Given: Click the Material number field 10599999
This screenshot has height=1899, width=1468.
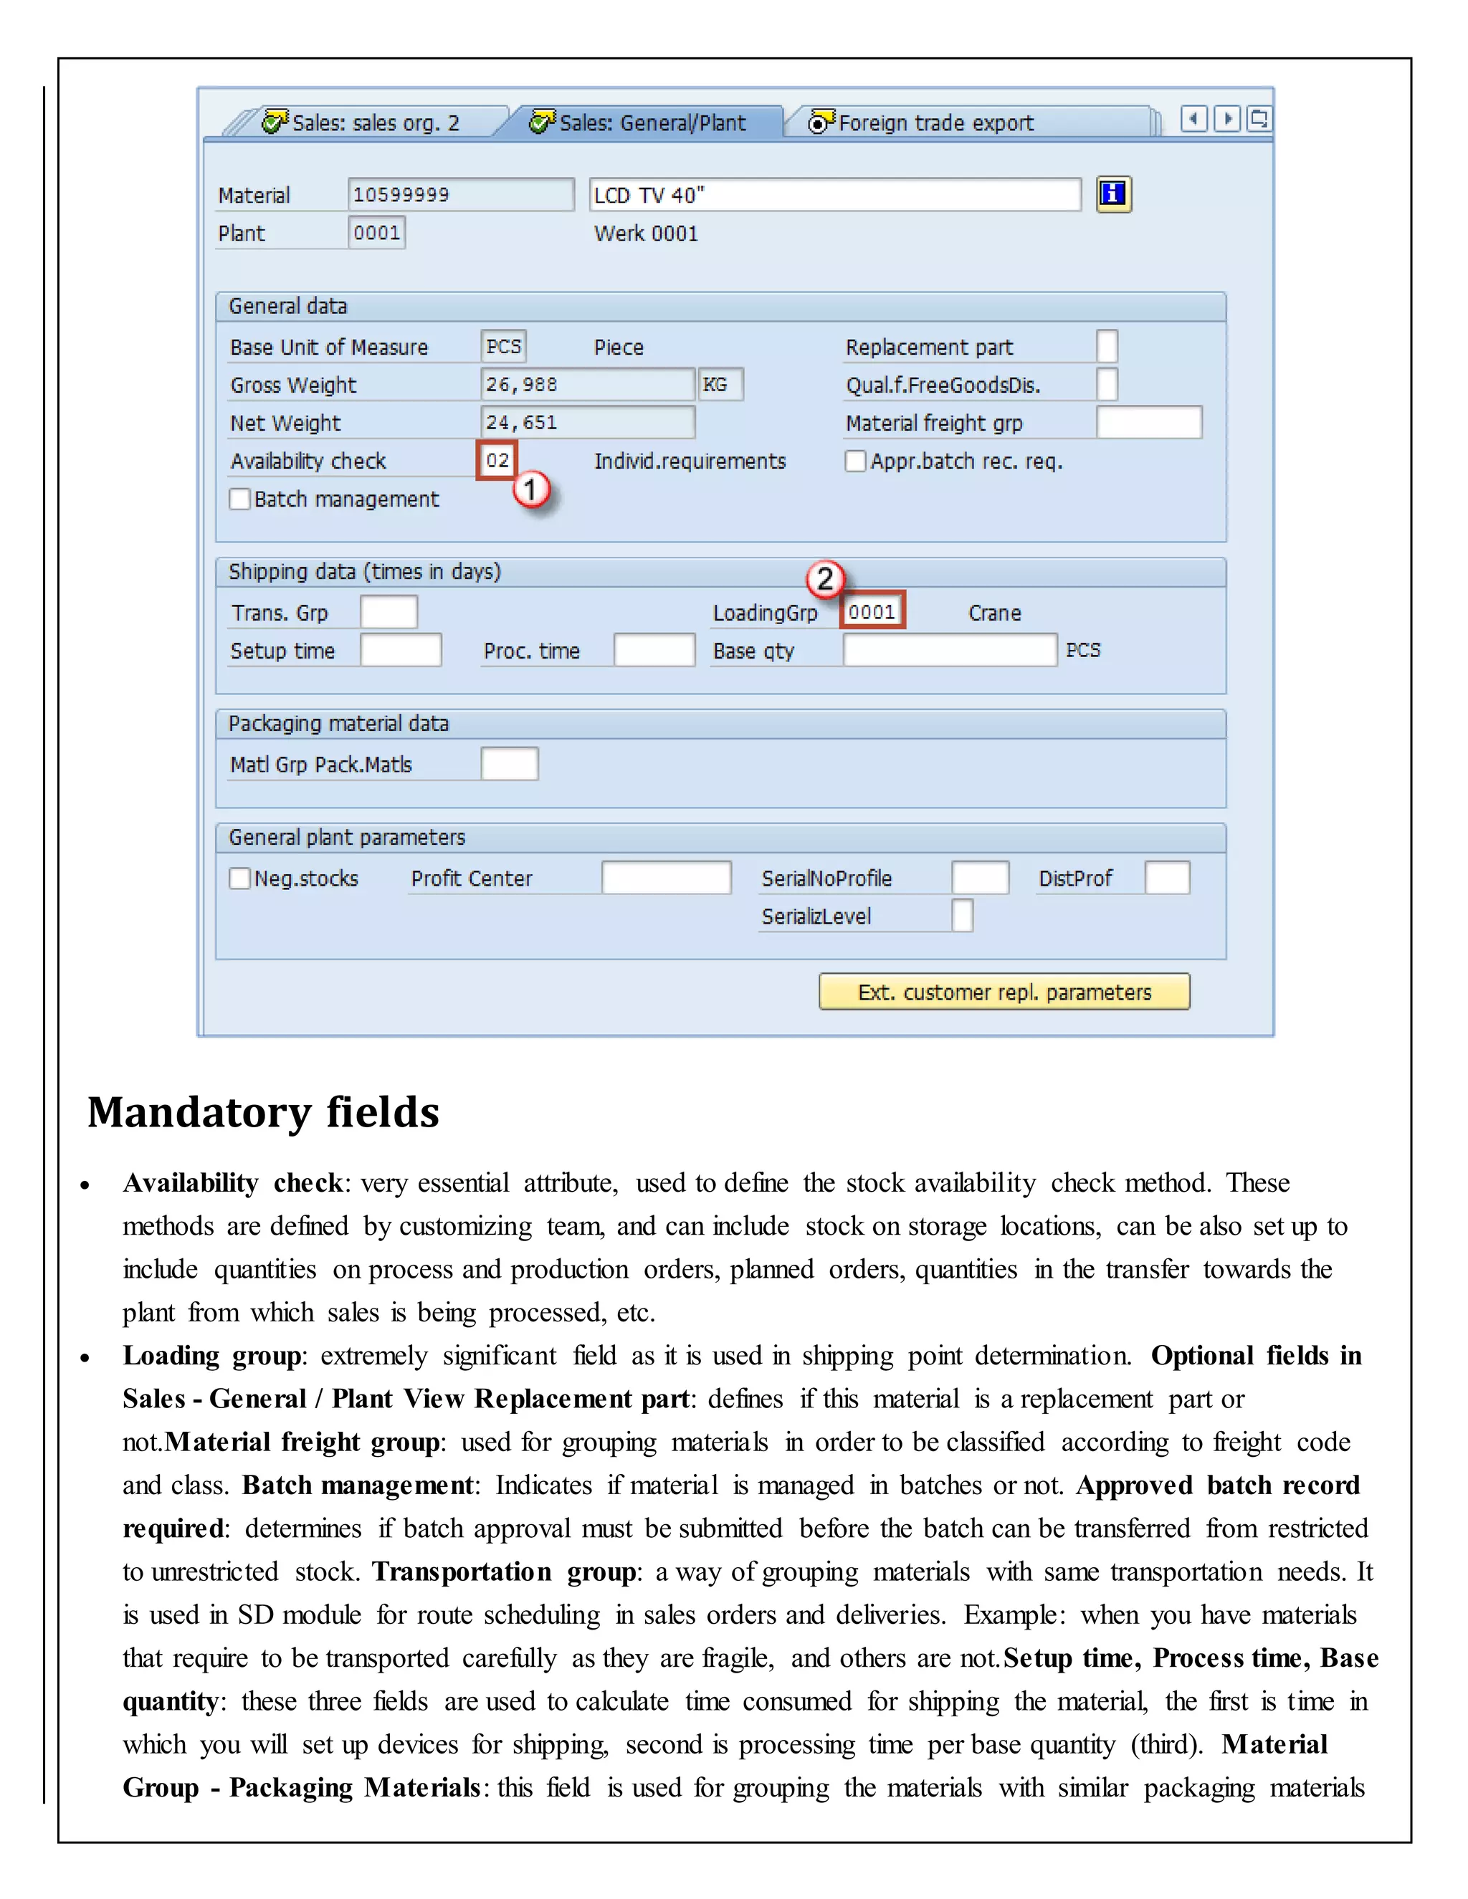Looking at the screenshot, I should (460, 195).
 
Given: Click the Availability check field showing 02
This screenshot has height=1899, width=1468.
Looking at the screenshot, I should (497, 460).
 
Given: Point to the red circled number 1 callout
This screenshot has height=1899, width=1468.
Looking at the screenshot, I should (530, 490).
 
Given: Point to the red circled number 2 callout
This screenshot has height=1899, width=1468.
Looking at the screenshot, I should (825, 579).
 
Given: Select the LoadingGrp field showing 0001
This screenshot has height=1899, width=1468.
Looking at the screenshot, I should (872, 611).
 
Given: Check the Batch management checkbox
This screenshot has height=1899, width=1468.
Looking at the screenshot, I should (240, 499).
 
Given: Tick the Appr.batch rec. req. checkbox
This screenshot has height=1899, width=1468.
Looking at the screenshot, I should (856, 461).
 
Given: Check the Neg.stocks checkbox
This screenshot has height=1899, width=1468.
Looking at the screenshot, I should (240, 879).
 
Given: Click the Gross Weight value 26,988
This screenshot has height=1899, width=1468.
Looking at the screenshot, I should (587, 384).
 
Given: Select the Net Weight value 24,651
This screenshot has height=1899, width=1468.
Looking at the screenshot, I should (587, 423).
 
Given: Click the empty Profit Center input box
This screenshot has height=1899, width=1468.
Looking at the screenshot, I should (666, 877).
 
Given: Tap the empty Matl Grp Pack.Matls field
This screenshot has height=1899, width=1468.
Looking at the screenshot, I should (509, 763).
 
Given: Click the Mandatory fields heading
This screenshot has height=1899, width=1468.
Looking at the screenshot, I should (264, 1112).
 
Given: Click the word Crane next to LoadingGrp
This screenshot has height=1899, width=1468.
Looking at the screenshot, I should (994, 613).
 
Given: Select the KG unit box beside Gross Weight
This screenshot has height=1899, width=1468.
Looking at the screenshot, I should (719, 384).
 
